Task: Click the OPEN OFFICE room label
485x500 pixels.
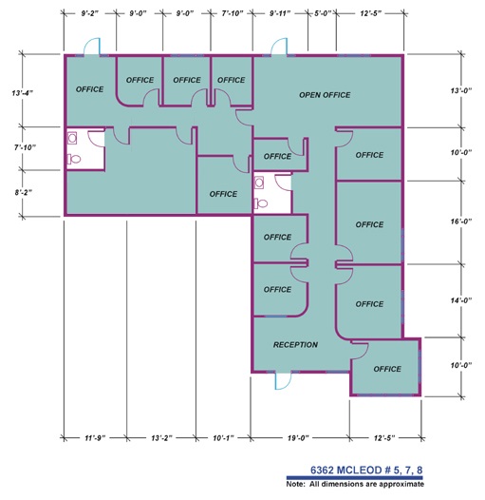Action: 325,95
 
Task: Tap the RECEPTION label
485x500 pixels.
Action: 295,345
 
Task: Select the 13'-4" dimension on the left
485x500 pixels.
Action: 23,93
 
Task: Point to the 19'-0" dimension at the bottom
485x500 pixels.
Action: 298,438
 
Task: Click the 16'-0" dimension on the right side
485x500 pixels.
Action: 461,221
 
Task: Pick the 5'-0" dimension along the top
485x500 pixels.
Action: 323,13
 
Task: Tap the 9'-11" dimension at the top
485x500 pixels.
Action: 280,13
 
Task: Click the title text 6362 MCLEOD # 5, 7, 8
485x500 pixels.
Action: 366,470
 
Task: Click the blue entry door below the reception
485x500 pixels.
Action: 283,381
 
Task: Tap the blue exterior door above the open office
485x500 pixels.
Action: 279,47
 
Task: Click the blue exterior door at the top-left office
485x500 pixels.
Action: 92,47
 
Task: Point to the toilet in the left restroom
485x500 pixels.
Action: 74,159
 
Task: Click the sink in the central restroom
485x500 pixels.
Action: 259,183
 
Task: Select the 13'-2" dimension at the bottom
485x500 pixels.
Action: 161,438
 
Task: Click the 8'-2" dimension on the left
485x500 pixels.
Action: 24,192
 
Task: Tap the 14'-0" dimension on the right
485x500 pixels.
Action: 461,300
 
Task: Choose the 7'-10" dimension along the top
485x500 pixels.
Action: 233,13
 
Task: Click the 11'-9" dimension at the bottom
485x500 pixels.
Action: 95,438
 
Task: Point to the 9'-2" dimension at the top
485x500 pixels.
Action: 89,13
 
